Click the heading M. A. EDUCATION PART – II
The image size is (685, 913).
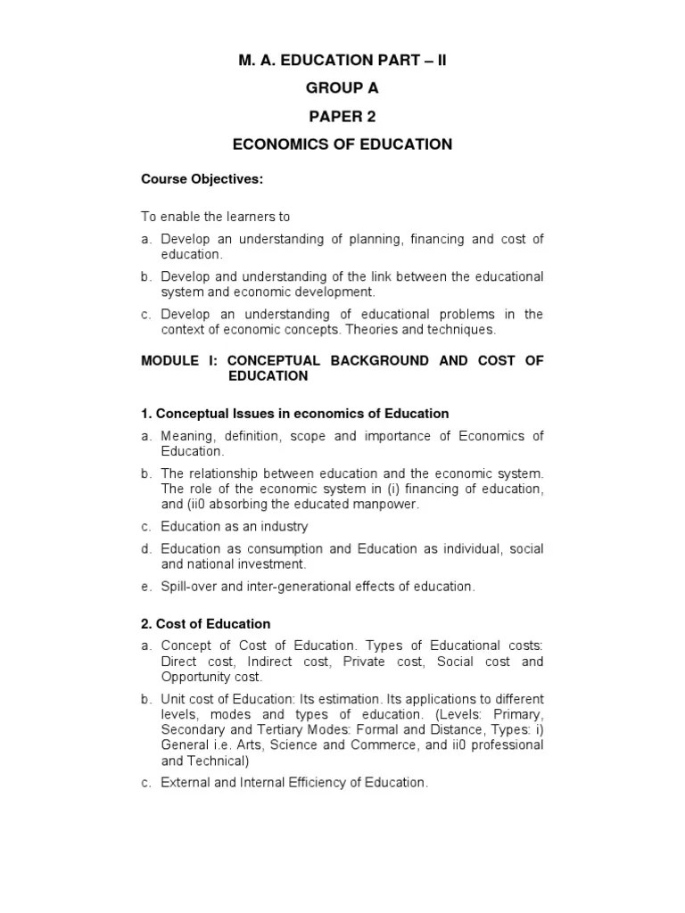click(x=342, y=60)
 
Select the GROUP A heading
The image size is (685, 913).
click(x=342, y=88)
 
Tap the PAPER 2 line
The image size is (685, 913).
click(x=342, y=116)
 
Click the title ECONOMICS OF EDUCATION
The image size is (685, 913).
click(x=342, y=144)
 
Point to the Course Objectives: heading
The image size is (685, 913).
click(x=202, y=179)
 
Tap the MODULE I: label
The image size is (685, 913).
click(x=179, y=360)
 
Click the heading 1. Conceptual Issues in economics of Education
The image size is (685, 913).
click(x=294, y=414)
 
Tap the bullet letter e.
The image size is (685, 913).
click(x=145, y=586)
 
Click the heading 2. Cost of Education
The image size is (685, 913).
click(x=205, y=623)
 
